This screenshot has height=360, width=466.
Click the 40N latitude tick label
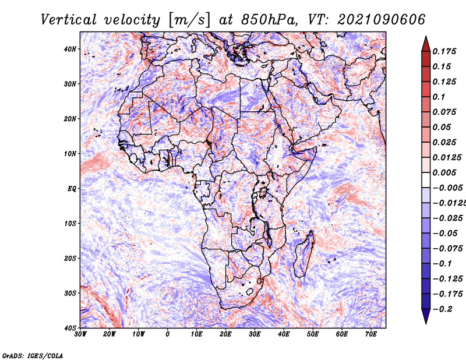[x=70, y=49]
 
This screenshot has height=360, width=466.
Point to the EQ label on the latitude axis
[x=72, y=189]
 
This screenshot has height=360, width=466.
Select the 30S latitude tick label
[x=70, y=294]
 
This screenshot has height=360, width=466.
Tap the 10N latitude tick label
[x=70, y=154]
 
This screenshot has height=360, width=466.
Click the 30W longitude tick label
[x=80, y=334]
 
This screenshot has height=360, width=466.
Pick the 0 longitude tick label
[x=168, y=334]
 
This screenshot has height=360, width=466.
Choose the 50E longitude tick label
[x=313, y=334]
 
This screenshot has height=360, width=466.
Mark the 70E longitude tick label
[x=371, y=334]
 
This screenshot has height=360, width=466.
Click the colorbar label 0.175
[x=444, y=51]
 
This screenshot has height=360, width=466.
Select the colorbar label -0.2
[x=443, y=309]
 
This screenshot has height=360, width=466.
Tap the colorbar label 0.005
[x=444, y=172]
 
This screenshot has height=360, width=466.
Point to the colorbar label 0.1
[x=439, y=97]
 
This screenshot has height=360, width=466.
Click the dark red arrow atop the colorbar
[x=426, y=44]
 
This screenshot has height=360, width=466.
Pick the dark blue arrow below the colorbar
[x=426, y=316]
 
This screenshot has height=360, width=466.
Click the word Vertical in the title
[x=69, y=20]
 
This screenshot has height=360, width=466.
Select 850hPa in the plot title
[x=269, y=20]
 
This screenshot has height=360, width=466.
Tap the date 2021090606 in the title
[x=382, y=20]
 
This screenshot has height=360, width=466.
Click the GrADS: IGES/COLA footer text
[x=33, y=356]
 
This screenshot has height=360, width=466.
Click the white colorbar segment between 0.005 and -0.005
[x=426, y=180]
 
